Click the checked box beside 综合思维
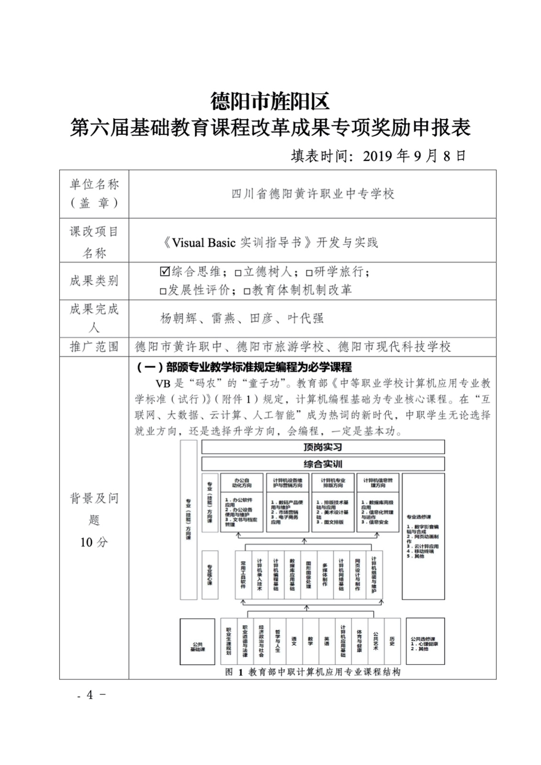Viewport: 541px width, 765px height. click(x=165, y=272)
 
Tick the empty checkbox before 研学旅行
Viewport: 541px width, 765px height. click(x=309, y=273)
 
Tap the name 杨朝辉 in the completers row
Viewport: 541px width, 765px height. click(x=178, y=318)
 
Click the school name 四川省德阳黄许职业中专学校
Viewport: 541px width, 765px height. click(x=313, y=194)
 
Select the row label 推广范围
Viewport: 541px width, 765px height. click(x=94, y=347)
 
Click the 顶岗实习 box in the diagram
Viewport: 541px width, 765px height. click(x=323, y=447)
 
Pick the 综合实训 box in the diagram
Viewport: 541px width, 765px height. click(x=323, y=464)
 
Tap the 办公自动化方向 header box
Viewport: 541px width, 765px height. click(x=242, y=483)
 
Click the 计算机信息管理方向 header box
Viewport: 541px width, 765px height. click(x=377, y=483)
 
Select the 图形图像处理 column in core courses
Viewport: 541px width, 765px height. click(x=309, y=574)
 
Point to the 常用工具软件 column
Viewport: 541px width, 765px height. click(x=243, y=574)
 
